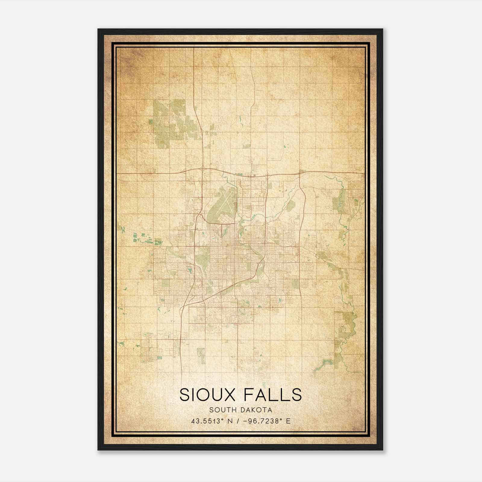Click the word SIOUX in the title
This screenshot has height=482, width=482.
coord(207,395)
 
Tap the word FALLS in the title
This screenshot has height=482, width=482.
coord(273,395)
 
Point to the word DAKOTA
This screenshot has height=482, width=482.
coord(257,410)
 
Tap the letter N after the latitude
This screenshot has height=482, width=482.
coord(230,421)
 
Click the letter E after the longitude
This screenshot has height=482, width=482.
coord(288,421)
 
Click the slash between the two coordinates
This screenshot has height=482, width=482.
coord(238,421)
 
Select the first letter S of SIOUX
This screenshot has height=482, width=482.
coord(185,395)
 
